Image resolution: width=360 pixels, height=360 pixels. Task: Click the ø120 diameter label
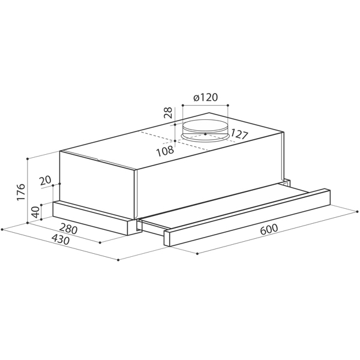pyautogui.click(x=205, y=97)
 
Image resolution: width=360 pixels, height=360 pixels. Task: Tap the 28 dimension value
pyautogui.click(x=169, y=113)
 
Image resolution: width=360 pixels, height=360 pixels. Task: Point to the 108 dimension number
pyautogui.click(x=165, y=151)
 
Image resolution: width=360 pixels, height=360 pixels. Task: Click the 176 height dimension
pyautogui.click(x=21, y=192)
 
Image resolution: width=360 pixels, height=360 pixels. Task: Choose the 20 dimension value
pyautogui.click(x=45, y=181)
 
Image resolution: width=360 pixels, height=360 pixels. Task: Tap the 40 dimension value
pyautogui.click(x=35, y=212)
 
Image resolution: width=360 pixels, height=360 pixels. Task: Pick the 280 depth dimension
pyautogui.click(x=68, y=229)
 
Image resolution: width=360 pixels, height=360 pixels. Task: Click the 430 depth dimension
pyautogui.click(x=61, y=239)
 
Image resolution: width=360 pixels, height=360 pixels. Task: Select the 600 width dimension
pyautogui.click(x=269, y=229)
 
